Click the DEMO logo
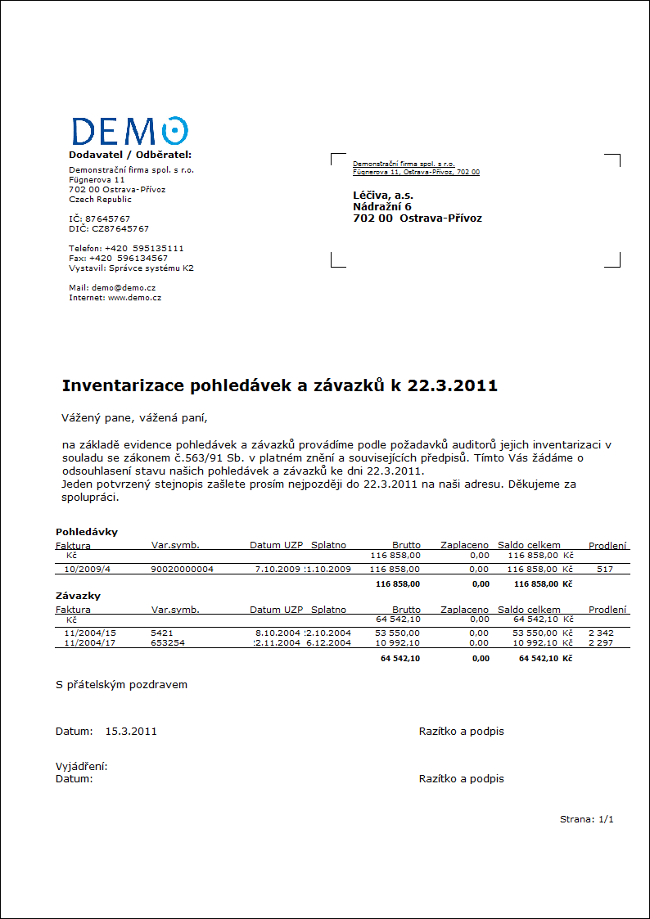tap(129, 131)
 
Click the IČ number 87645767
tap(108, 219)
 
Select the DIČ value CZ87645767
tap(120, 229)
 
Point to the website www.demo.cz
tap(134, 298)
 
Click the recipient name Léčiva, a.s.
tap(383, 196)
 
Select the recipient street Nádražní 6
tap(381, 207)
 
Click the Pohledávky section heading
tap(87, 532)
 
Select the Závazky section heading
tap(78, 596)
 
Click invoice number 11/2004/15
tap(90, 633)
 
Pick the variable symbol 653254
tap(168, 642)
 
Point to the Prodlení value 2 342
tap(601, 633)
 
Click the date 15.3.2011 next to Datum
tap(131, 732)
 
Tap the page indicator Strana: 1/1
tap(586, 819)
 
